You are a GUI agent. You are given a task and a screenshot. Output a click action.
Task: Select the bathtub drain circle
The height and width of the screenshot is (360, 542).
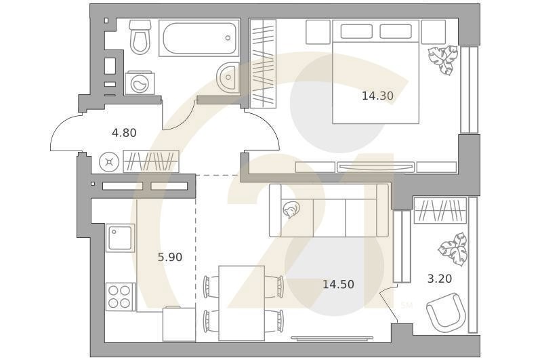(x=228, y=38)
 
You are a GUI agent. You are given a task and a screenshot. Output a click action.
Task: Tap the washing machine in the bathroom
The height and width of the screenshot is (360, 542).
(x=140, y=82)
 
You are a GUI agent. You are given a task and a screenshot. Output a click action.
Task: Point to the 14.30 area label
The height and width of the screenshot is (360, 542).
(x=377, y=96)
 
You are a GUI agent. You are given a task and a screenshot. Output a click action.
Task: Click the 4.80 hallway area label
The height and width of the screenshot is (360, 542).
(x=124, y=132)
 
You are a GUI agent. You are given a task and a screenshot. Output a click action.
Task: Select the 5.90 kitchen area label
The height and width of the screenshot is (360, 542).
(x=170, y=257)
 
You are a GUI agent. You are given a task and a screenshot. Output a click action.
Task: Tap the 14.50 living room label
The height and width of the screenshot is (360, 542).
(x=338, y=284)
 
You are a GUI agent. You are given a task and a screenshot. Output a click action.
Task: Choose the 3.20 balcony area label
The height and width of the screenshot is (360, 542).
(x=440, y=279)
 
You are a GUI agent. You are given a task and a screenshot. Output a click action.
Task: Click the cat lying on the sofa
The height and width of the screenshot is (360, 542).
(x=291, y=209)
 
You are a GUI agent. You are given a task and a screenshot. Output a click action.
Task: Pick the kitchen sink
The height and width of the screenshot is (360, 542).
(x=120, y=238)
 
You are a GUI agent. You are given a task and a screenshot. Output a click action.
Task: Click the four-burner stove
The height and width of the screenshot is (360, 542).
(x=120, y=297)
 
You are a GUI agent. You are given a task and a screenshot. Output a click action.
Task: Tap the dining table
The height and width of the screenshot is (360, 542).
(x=242, y=303)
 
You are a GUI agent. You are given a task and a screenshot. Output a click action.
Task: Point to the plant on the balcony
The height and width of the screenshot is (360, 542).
(x=453, y=249)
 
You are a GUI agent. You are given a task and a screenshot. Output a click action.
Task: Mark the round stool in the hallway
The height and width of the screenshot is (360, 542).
(x=109, y=162)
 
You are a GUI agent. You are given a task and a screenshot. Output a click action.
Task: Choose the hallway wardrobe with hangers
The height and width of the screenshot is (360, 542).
(x=151, y=161)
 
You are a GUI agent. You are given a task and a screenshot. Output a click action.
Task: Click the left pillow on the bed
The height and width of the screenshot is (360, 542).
(x=356, y=31)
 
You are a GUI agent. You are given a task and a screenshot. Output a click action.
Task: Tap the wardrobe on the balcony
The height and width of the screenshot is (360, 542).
(x=440, y=210)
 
